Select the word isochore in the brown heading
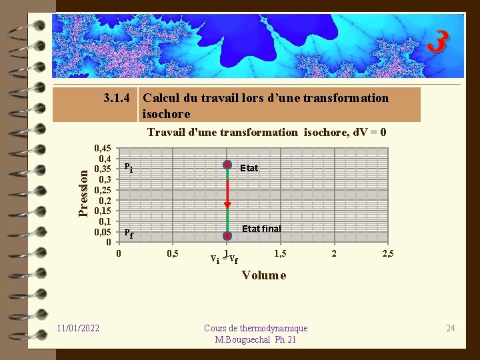click(166, 114)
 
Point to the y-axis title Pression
click(83, 193)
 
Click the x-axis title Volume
click(264, 275)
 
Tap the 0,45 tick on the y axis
click(103, 148)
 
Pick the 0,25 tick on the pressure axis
click(103, 190)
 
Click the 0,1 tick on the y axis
click(105, 221)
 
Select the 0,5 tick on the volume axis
click(171, 254)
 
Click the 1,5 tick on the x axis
click(281, 254)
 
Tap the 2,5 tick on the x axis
click(389, 254)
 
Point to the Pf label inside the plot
click(129, 234)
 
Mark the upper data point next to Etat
click(227, 165)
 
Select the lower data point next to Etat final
click(227, 235)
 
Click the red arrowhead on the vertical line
click(227, 205)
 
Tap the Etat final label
click(261, 229)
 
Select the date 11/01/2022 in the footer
click(79, 328)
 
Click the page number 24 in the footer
click(450, 328)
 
